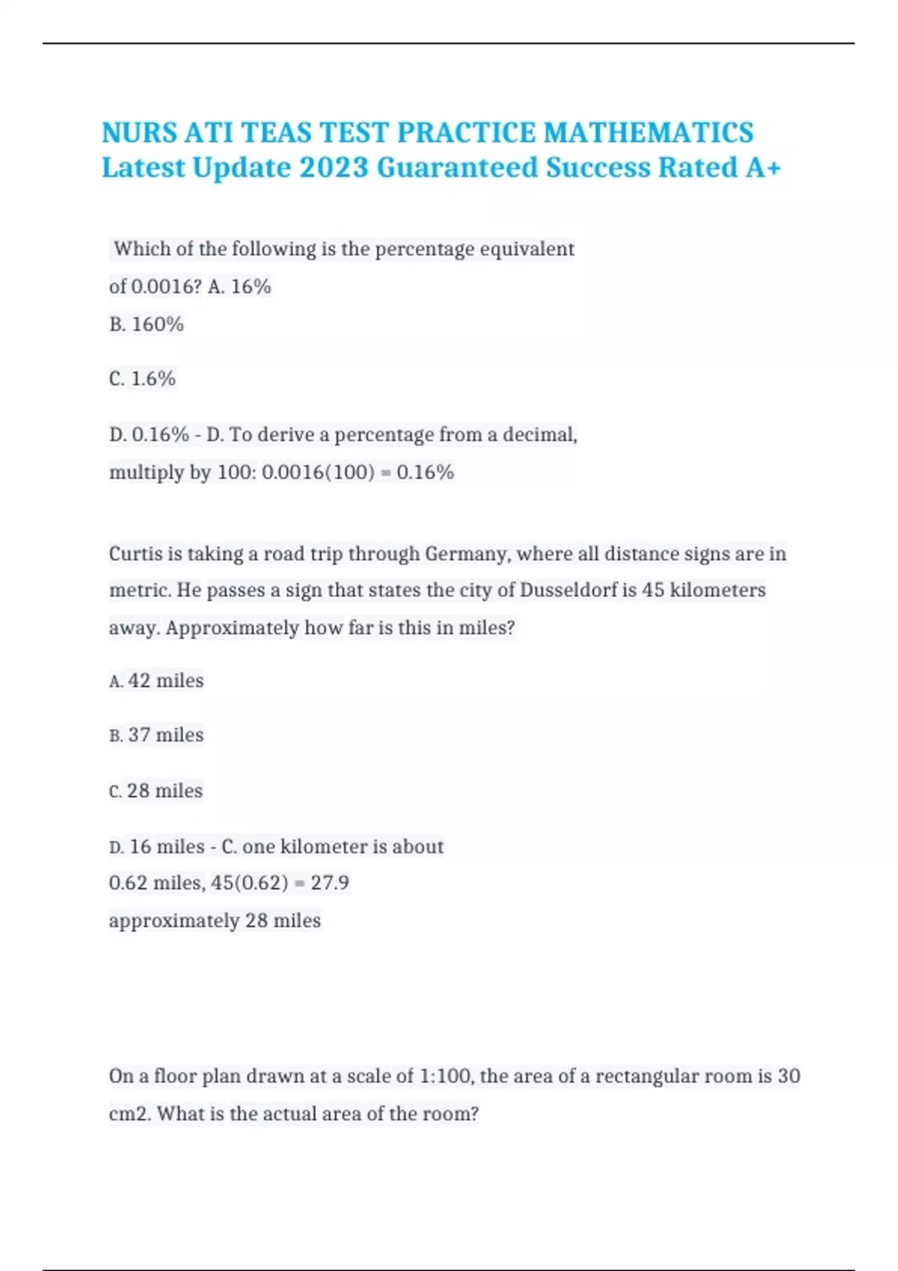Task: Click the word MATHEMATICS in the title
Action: coord(648,132)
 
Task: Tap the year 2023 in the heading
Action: coord(334,167)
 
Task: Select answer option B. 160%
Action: coord(146,324)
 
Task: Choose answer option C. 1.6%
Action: coord(142,379)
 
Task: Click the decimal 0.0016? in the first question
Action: coord(166,286)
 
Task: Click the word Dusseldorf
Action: coord(569,590)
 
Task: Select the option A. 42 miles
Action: coord(156,680)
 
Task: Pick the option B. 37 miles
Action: coord(156,735)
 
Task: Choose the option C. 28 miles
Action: coord(156,790)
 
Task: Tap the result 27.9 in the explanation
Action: coord(330,883)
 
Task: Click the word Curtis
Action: coord(135,554)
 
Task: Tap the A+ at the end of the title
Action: coord(763,167)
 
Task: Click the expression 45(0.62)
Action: coord(249,883)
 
